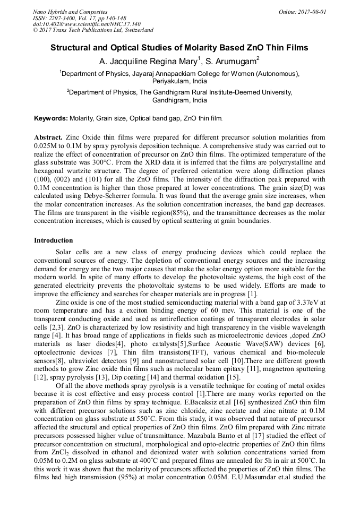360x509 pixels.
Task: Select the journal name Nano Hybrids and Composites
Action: coord(70,12)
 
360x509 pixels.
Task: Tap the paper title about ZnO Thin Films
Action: coord(179,47)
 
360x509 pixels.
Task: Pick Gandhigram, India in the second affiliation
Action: coord(179,100)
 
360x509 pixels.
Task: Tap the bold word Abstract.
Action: coord(48,137)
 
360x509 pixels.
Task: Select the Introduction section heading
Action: coord(54,240)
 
